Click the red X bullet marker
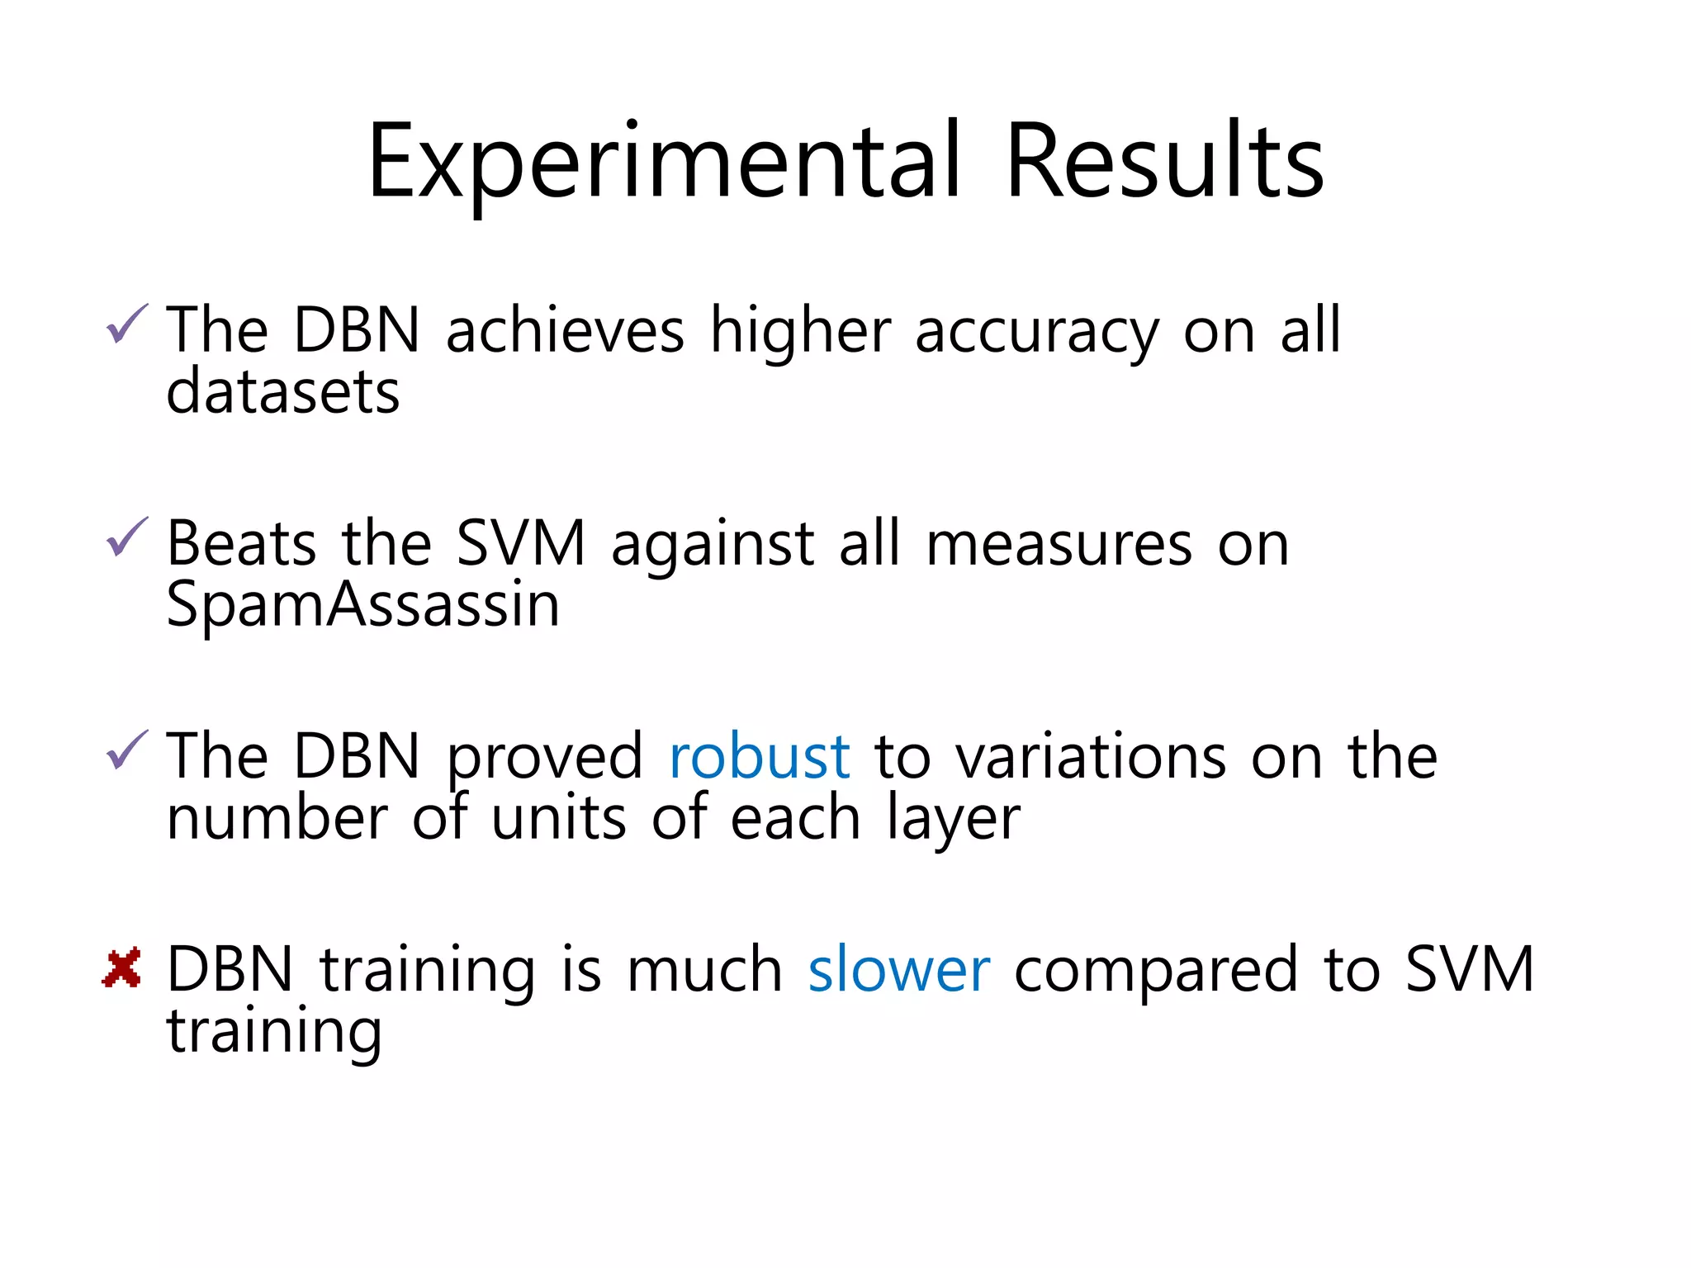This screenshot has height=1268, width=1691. pos(122,968)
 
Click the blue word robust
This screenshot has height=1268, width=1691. pos(759,756)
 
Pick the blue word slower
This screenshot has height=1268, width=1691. pos(898,969)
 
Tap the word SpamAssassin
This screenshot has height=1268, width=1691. pos(363,604)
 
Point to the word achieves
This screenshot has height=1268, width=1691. pos(565,330)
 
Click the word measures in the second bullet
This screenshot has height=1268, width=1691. pos(1059,545)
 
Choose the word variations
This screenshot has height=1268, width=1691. pos(1092,756)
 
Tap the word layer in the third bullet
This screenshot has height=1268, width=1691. pos(954,819)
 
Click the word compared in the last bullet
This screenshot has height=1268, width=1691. pos(1156,971)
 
